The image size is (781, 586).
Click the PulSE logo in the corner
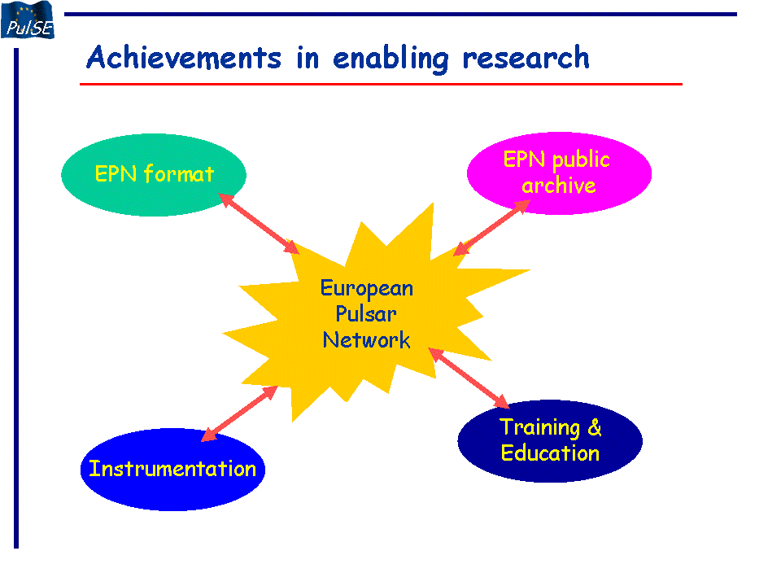(28, 20)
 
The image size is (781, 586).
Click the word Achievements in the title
(184, 57)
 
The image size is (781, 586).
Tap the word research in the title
(526, 57)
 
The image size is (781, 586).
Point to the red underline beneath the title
(381, 84)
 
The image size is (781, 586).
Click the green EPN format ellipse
(154, 174)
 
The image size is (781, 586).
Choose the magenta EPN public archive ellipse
(559, 173)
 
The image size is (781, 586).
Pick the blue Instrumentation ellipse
(172, 470)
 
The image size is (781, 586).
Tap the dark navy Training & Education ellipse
(550, 440)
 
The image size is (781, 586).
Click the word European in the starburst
(367, 289)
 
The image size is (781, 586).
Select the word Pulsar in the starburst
(365, 314)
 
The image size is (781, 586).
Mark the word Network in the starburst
(367, 340)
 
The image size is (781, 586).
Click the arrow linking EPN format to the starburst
(259, 223)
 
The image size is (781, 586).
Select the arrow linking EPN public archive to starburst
(491, 228)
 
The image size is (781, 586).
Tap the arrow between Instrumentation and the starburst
(239, 413)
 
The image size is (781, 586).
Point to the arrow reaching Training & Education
(469, 378)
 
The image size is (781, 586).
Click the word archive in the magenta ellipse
(558, 186)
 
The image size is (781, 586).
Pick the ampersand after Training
(594, 427)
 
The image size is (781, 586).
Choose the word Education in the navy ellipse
(550, 453)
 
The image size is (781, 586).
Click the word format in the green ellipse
(179, 174)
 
